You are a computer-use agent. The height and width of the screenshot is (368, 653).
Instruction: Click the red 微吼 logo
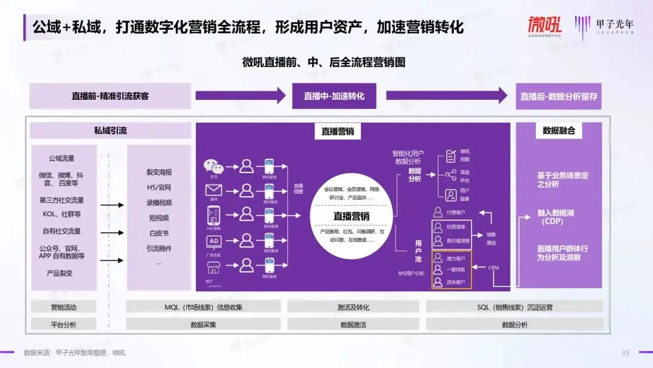coord(544,25)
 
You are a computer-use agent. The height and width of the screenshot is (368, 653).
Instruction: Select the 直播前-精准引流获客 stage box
coord(110,96)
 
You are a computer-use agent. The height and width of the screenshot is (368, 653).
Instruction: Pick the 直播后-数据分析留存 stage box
coord(560,96)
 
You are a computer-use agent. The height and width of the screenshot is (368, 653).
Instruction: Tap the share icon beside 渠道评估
coord(450,176)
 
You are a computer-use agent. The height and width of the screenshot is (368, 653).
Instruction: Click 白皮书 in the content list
coord(158,233)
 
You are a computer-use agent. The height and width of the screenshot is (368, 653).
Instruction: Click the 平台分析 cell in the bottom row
coord(63,324)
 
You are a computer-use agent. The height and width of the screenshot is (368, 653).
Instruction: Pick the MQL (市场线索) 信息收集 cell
coord(203,307)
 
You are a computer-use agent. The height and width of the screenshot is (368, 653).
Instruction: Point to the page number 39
coord(625,353)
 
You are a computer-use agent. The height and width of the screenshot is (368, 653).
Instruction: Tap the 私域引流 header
coord(110,131)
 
